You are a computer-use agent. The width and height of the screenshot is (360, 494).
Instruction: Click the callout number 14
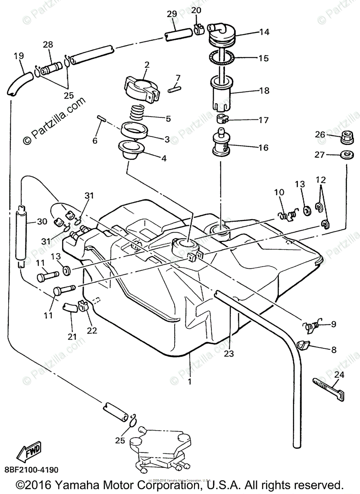[264, 32]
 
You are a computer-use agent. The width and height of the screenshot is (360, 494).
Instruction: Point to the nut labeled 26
[348, 137]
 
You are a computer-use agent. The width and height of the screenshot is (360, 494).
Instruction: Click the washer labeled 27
[347, 155]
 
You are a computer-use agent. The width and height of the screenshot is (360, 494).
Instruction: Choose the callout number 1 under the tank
[189, 382]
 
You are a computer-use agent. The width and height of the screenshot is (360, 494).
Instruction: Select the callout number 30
[42, 221]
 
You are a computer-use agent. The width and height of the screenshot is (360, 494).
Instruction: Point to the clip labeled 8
[304, 345]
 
